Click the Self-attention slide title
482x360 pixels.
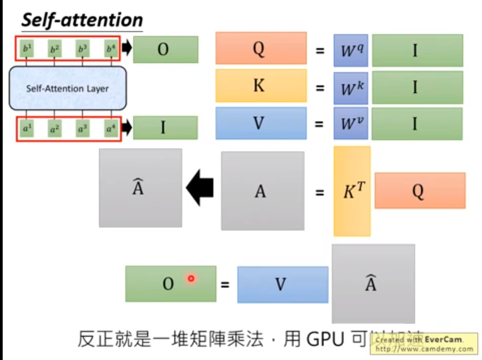click(82, 20)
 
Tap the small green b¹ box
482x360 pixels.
click(27, 48)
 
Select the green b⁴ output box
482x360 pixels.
click(111, 48)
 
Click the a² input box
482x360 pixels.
click(54, 129)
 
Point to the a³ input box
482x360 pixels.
click(82, 129)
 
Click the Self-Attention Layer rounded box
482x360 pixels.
click(68, 88)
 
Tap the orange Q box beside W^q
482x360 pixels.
click(261, 48)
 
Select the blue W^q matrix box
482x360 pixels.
click(350, 50)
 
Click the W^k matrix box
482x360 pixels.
click(350, 87)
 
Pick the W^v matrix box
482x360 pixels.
click(350, 123)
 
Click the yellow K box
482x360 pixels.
click(261, 85)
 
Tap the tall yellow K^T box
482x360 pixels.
click(352, 191)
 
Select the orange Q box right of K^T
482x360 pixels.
click(420, 191)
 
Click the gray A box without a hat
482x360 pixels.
click(262, 191)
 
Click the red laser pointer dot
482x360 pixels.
click(191, 278)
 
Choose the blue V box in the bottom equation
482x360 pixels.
click(283, 284)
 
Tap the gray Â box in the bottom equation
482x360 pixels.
click(373, 284)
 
